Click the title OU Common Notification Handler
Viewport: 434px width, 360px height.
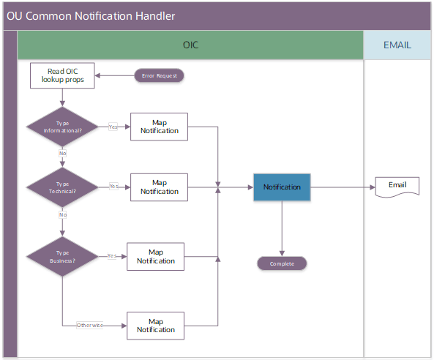pyautogui.click(x=91, y=16)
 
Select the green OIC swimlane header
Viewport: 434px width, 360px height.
pyautogui.click(x=190, y=45)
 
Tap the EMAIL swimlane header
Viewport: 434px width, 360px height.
pyautogui.click(x=397, y=45)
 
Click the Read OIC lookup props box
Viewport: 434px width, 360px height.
pyautogui.click(x=62, y=75)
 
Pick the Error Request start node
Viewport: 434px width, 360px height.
pyautogui.click(x=160, y=75)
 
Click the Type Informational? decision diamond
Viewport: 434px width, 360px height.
pyautogui.click(x=62, y=127)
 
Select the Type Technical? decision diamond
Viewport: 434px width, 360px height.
pyautogui.click(x=62, y=187)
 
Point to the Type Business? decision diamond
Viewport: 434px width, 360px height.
pyautogui.click(x=62, y=256)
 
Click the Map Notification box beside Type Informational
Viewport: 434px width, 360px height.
pyautogui.click(x=159, y=127)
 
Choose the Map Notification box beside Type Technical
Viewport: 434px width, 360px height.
pyautogui.click(x=159, y=187)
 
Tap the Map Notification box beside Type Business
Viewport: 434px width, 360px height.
pyautogui.click(x=155, y=256)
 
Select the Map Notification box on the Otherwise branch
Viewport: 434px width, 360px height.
pyautogui.click(x=155, y=325)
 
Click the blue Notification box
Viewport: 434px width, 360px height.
pyautogui.click(x=283, y=187)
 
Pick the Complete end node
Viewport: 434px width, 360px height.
pyautogui.click(x=282, y=263)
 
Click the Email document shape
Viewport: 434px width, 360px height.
pyautogui.click(x=397, y=186)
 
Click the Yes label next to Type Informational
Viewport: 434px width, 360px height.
pyautogui.click(x=113, y=127)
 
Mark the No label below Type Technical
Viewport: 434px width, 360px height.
pyautogui.click(x=63, y=215)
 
